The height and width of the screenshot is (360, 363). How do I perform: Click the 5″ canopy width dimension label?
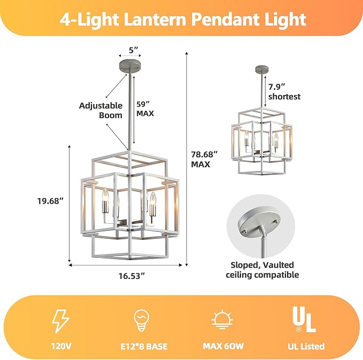(x=133, y=49)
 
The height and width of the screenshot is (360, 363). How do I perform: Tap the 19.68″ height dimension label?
(x=50, y=201)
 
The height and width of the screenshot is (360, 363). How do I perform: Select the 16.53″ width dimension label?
(x=132, y=276)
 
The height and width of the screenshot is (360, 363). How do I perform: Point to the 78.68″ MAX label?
(x=204, y=159)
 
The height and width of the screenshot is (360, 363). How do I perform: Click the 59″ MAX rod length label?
(x=145, y=109)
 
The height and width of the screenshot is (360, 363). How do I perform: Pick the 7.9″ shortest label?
(x=284, y=92)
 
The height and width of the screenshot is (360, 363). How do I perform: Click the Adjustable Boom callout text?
(x=101, y=111)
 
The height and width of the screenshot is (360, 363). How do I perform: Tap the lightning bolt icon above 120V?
(x=60, y=321)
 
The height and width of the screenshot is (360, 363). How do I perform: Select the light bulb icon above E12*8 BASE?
(x=141, y=321)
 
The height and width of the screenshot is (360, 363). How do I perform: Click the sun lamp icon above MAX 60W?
(x=222, y=319)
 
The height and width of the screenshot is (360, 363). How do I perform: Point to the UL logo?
(x=304, y=319)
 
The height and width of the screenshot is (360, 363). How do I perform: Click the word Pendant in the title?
(x=226, y=19)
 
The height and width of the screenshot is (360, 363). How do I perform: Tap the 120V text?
(x=61, y=346)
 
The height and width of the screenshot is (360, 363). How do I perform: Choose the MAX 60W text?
(x=223, y=346)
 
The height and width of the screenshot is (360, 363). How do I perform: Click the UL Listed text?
(x=306, y=346)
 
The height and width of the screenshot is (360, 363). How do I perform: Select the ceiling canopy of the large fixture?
(x=130, y=66)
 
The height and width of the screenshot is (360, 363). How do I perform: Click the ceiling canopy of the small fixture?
(x=262, y=69)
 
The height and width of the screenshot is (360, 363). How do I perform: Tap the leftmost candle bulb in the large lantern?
(x=105, y=201)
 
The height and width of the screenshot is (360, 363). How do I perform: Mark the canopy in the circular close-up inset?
(x=259, y=220)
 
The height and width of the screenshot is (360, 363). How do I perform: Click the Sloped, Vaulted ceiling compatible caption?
(x=262, y=270)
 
